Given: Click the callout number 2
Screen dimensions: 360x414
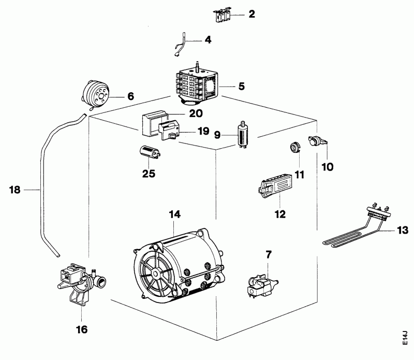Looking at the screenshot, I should (x=252, y=14).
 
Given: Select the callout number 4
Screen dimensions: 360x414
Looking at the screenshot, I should (x=208, y=39).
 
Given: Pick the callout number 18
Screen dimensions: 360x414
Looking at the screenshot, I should (x=14, y=190).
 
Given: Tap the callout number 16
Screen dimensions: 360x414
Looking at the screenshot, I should (x=81, y=329).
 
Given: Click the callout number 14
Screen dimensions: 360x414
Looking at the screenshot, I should (x=174, y=214).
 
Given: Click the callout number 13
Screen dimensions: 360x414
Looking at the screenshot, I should (x=402, y=229).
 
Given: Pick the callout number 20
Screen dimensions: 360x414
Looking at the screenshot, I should (x=196, y=112).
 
